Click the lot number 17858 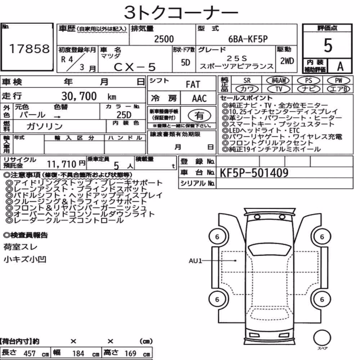click(29, 49)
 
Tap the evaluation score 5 click(328, 45)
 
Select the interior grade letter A click(340, 66)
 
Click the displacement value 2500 click(164, 39)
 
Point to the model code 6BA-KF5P click(248, 39)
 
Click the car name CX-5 click(135, 67)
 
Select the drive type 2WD click(287, 61)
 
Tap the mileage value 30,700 click(79, 96)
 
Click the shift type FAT click(193, 84)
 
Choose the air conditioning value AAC click(199, 99)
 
